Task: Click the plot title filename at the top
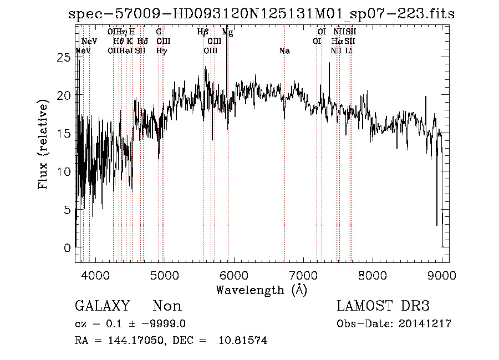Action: tap(261, 14)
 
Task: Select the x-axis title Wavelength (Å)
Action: tap(261, 290)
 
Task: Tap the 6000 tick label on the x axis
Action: tap(234, 276)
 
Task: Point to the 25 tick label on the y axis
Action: tap(65, 57)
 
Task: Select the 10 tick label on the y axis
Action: tap(65, 171)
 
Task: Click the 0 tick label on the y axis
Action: tap(68, 247)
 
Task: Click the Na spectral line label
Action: tap(284, 51)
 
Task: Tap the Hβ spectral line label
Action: tap(202, 32)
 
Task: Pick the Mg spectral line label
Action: tap(227, 32)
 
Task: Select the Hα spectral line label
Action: tap(337, 42)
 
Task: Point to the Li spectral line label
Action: tap(349, 51)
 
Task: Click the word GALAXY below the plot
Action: tap(103, 306)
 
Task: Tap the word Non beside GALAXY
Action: tap(167, 306)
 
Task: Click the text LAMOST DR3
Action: tap(383, 306)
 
